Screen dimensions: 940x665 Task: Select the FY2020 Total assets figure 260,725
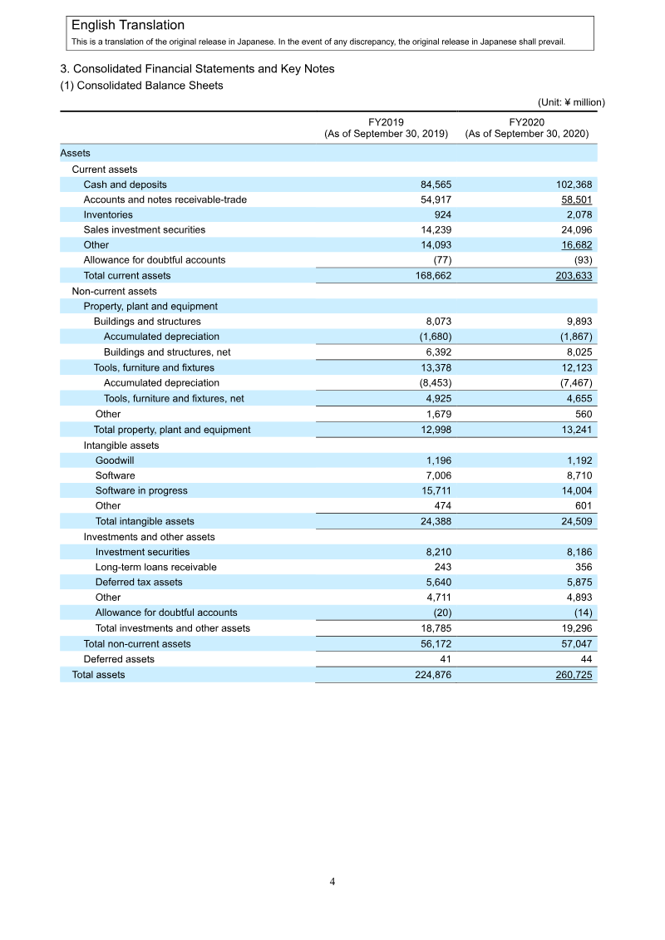pyautogui.click(x=574, y=675)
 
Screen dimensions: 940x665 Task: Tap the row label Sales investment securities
pyautogui.click(x=144, y=229)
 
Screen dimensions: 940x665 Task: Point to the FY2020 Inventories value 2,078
pyautogui.click(x=578, y=214)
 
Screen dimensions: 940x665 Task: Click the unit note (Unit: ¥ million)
pyautogui.click(x=570, y=102)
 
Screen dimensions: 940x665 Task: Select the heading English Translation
pyautogui.click(x=128, y=26)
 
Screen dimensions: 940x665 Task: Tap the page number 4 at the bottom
pyautogui.click(x=332, y=882)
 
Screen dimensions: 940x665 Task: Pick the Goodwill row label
pyautogui.click(x=115, y=460)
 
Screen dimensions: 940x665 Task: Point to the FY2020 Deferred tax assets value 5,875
pyautogui.click(x=578, y=582)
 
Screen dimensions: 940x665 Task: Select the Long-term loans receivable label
pyautogui.click(x=155, y=567)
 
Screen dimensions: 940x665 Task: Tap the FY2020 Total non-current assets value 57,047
pyautogui.click(x=575, y=643)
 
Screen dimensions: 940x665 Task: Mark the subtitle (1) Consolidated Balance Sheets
pyautogui.click(x=141, y=86)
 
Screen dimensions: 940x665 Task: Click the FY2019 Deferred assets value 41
pyautogui.click(x=445, y=659)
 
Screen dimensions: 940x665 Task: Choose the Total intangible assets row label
pyautogui.click(x=145, y=521)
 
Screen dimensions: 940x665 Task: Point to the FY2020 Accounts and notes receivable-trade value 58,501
pyautogui.click(x=575, y=199)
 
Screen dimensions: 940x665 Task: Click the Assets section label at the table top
pyautogui.click(x=76, y=153)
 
